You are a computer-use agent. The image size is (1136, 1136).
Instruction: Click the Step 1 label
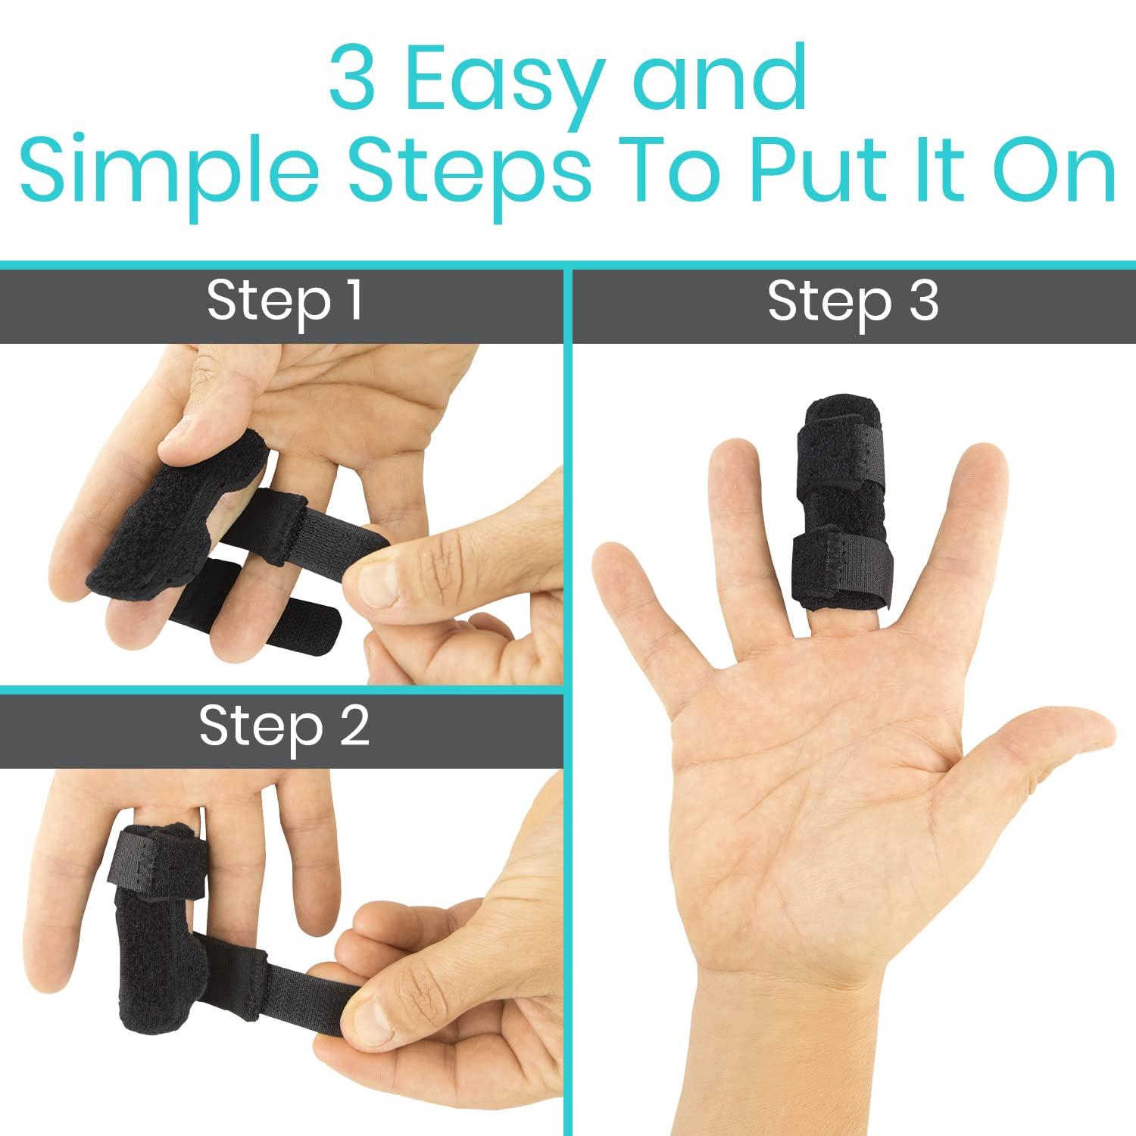click(x=283, y=302)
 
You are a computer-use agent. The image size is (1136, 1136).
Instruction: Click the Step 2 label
click(x=283, y=726)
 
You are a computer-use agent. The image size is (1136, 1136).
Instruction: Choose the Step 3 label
click(x=853, y=302)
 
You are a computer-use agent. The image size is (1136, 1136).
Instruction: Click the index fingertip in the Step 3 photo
click(x=969, y=473)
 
